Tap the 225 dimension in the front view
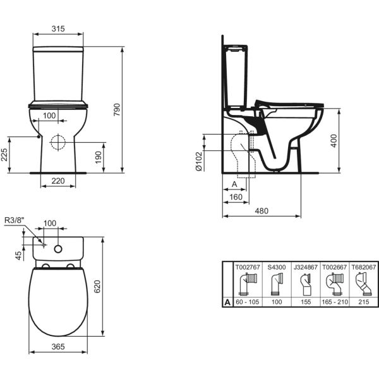point(6,154)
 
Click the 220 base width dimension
point(58,181)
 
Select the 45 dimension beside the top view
point(19,255)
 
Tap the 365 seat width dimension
point(58,346)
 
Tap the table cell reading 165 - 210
point(333,303)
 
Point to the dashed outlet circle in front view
point(58,142)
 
